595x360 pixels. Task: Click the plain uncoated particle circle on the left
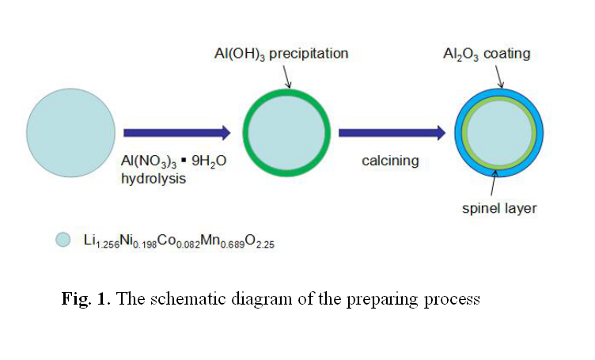71,133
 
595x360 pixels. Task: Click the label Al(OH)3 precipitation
281,55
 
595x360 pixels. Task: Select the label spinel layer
499,209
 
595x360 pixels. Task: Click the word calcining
390,161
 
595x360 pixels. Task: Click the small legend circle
63,240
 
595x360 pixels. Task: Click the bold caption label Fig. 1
87,299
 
